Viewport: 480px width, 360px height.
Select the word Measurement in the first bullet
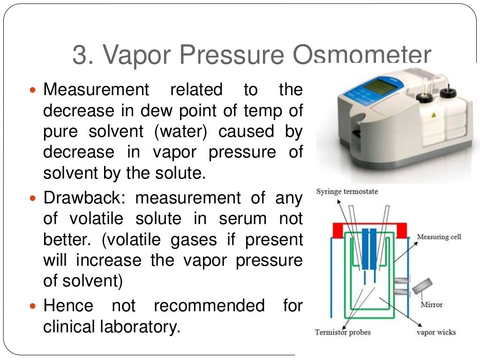tap(96, 90)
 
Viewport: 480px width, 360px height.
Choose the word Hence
tap(68, 306)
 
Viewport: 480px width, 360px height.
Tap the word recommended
tap(209, 306)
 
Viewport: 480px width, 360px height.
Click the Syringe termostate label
tap(347, 191)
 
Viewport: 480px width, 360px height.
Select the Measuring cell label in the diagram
tap(439, 237)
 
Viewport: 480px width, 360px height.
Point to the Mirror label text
tap(432, 305)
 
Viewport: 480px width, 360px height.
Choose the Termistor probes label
tap(343, 332)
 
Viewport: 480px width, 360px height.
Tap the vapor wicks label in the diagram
tap(436, 332)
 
